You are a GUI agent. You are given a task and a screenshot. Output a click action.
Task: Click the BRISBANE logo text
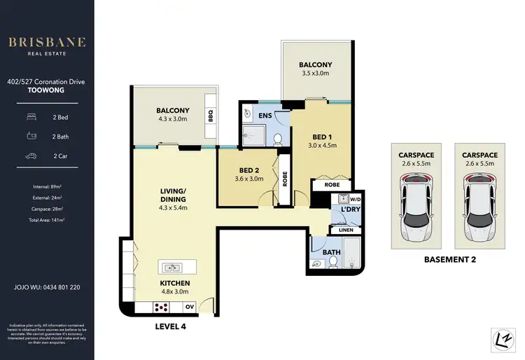pos(47,42)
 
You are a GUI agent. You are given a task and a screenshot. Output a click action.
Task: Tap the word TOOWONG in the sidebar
pos(47,90)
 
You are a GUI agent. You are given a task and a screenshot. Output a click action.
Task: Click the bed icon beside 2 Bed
pos(31,116)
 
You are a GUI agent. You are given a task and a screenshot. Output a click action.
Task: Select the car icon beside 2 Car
pos(31,155)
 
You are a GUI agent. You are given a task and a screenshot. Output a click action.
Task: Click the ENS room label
pos(265,115)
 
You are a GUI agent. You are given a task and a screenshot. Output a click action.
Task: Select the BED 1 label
pos(323,141)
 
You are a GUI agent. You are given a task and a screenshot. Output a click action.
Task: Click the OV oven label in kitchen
pos(189,307)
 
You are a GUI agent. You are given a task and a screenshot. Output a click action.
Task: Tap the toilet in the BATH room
pos(334,261)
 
